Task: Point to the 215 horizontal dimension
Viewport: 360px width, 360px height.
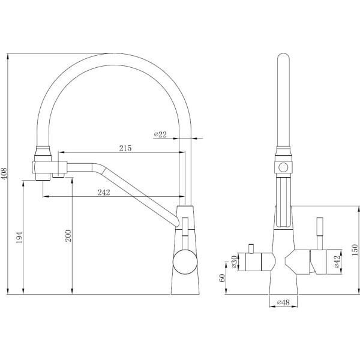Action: tap(125, 148)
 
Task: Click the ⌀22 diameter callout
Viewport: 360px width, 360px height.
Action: tap(160, 134)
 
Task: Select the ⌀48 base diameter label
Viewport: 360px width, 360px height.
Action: tap(283, 303)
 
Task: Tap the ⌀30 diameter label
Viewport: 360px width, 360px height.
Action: tap(234, 262)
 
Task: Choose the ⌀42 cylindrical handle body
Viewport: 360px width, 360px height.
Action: tap(319, 262)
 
